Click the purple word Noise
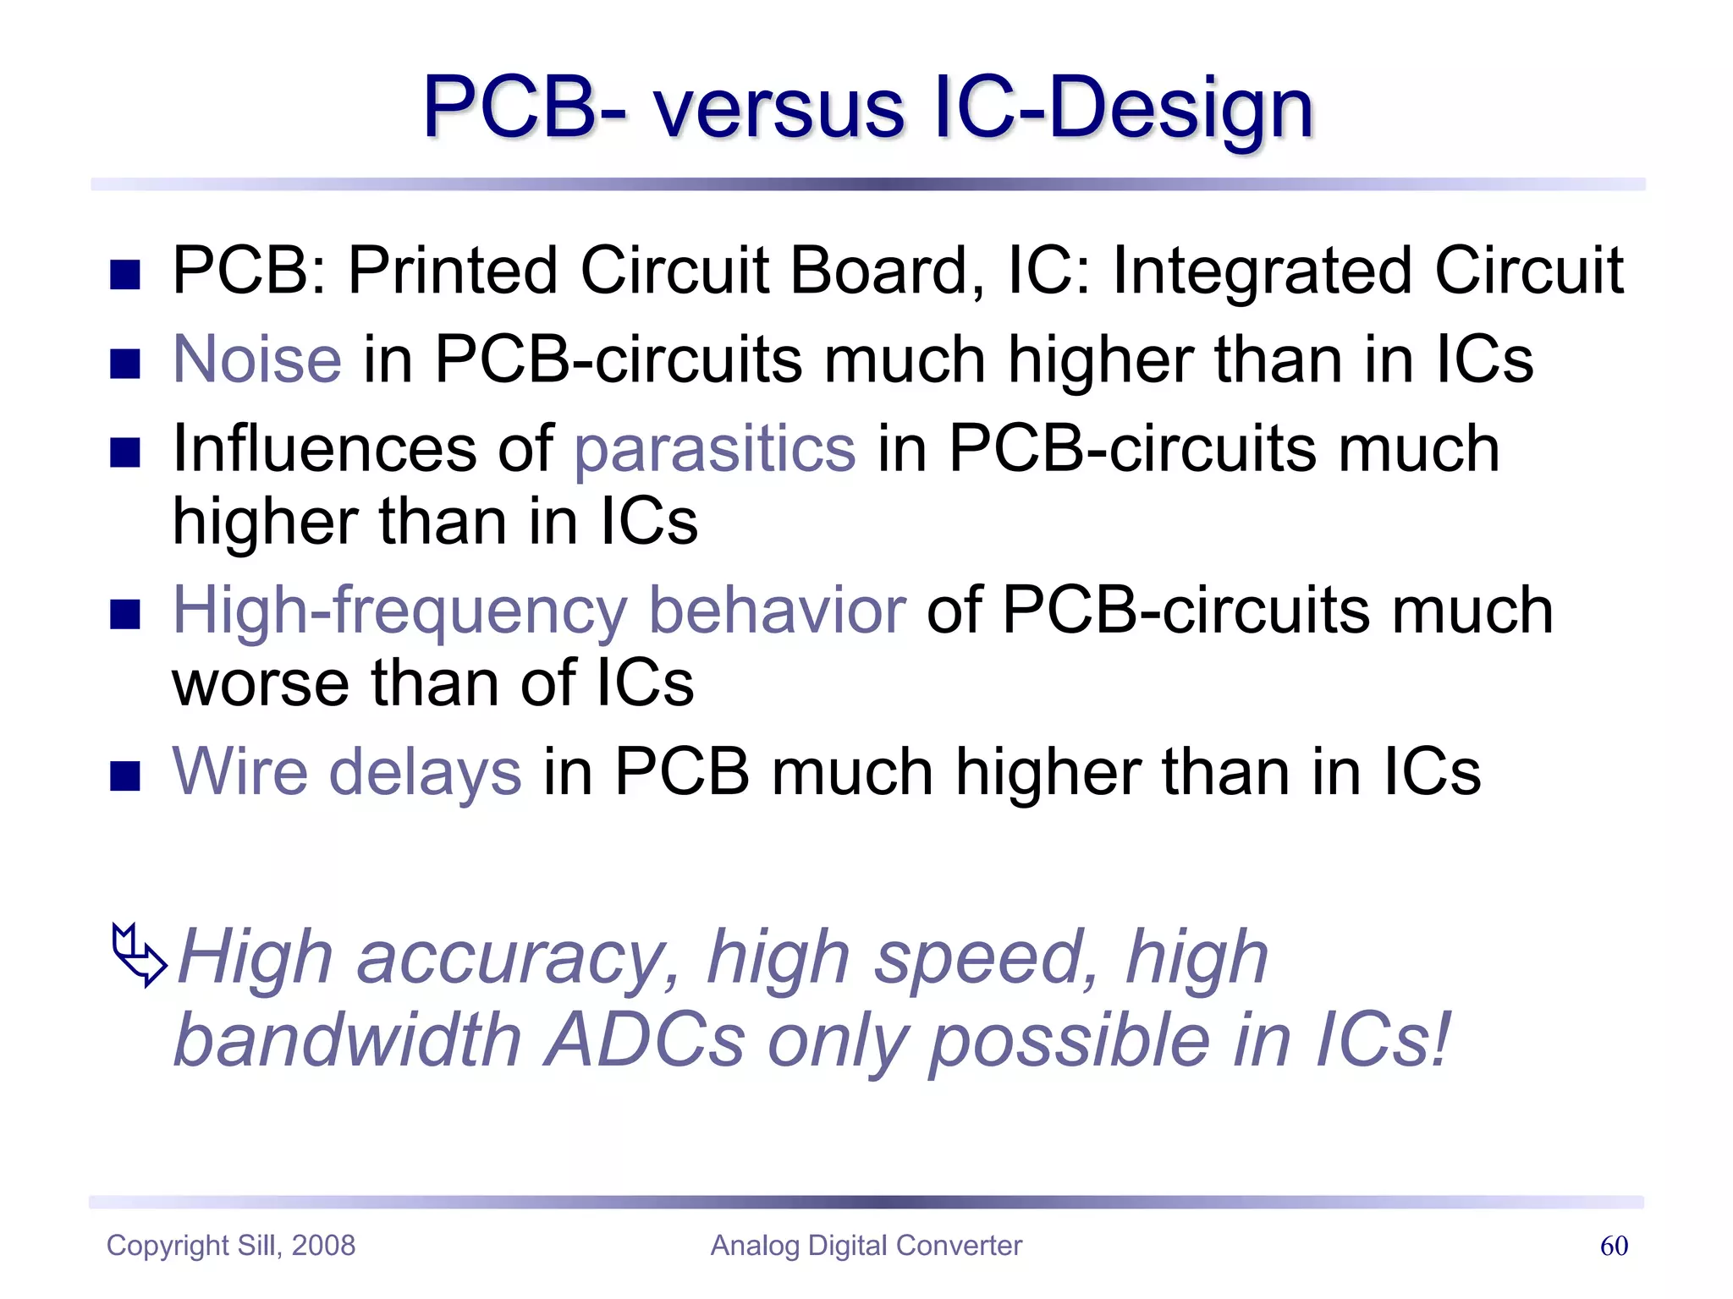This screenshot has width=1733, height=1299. [257, 359]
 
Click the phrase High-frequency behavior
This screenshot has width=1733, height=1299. [539, 611]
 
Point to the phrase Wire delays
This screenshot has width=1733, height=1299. [347, 771]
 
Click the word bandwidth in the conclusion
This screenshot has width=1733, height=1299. [347, 1040]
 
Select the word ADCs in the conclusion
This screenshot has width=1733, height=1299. [645, 1040]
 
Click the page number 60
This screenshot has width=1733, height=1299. [1614, 1246]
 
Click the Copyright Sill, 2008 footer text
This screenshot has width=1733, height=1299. [231, 1246]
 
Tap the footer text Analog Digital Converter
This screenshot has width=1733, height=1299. [866, 1246]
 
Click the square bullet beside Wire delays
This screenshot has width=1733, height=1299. [125, 775]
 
